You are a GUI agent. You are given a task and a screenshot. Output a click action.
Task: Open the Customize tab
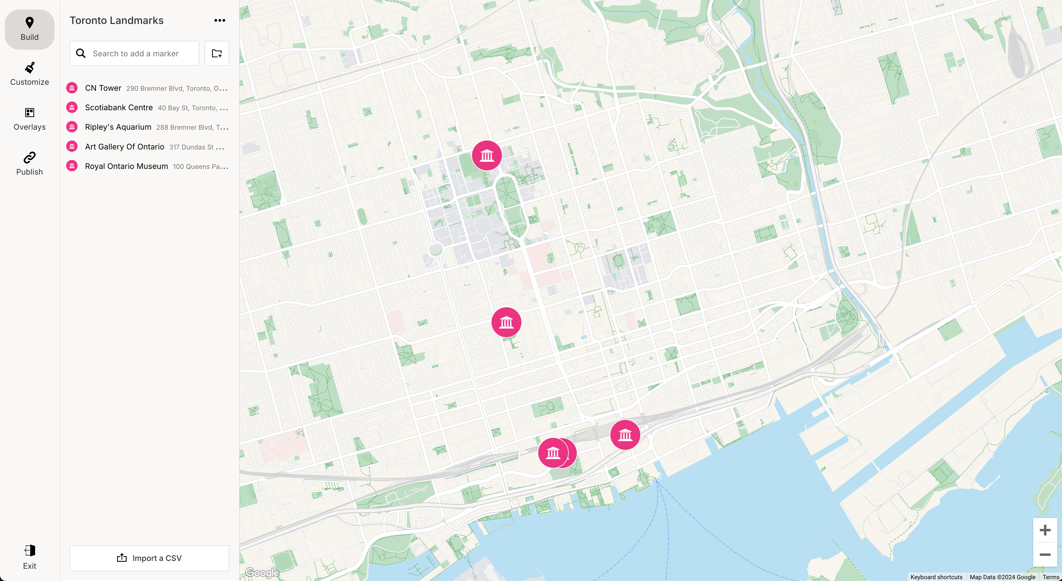click(x=29, y=74)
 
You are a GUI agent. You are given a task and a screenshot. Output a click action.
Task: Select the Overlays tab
click(x=29, y=119)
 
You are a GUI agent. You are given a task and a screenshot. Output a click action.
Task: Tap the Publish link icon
click(x=29, y=158)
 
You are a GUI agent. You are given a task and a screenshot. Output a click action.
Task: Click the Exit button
click(x=29, y=557)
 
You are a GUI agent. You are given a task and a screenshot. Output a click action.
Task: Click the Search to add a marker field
click(x=140, y=54)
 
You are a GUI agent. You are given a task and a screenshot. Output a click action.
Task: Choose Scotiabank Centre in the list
click(x=119, y=108)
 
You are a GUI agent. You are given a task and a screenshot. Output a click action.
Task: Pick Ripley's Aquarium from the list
click(x=118, y=127)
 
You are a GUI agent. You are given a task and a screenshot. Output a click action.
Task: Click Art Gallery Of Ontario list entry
click(x=125, y=147)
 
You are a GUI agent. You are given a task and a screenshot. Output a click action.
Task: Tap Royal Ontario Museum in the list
click(x=126, y=166)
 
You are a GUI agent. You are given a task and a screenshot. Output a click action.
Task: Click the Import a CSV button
click(x=149, y=558)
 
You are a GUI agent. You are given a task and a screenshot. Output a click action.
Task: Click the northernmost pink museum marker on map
click(x=486, y=155)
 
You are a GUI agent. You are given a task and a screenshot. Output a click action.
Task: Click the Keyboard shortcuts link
click(x=936, y=577)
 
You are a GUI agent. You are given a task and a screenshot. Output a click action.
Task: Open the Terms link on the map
click(x=1051, y=577)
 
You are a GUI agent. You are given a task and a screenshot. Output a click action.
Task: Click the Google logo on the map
click(x=262, y=572)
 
